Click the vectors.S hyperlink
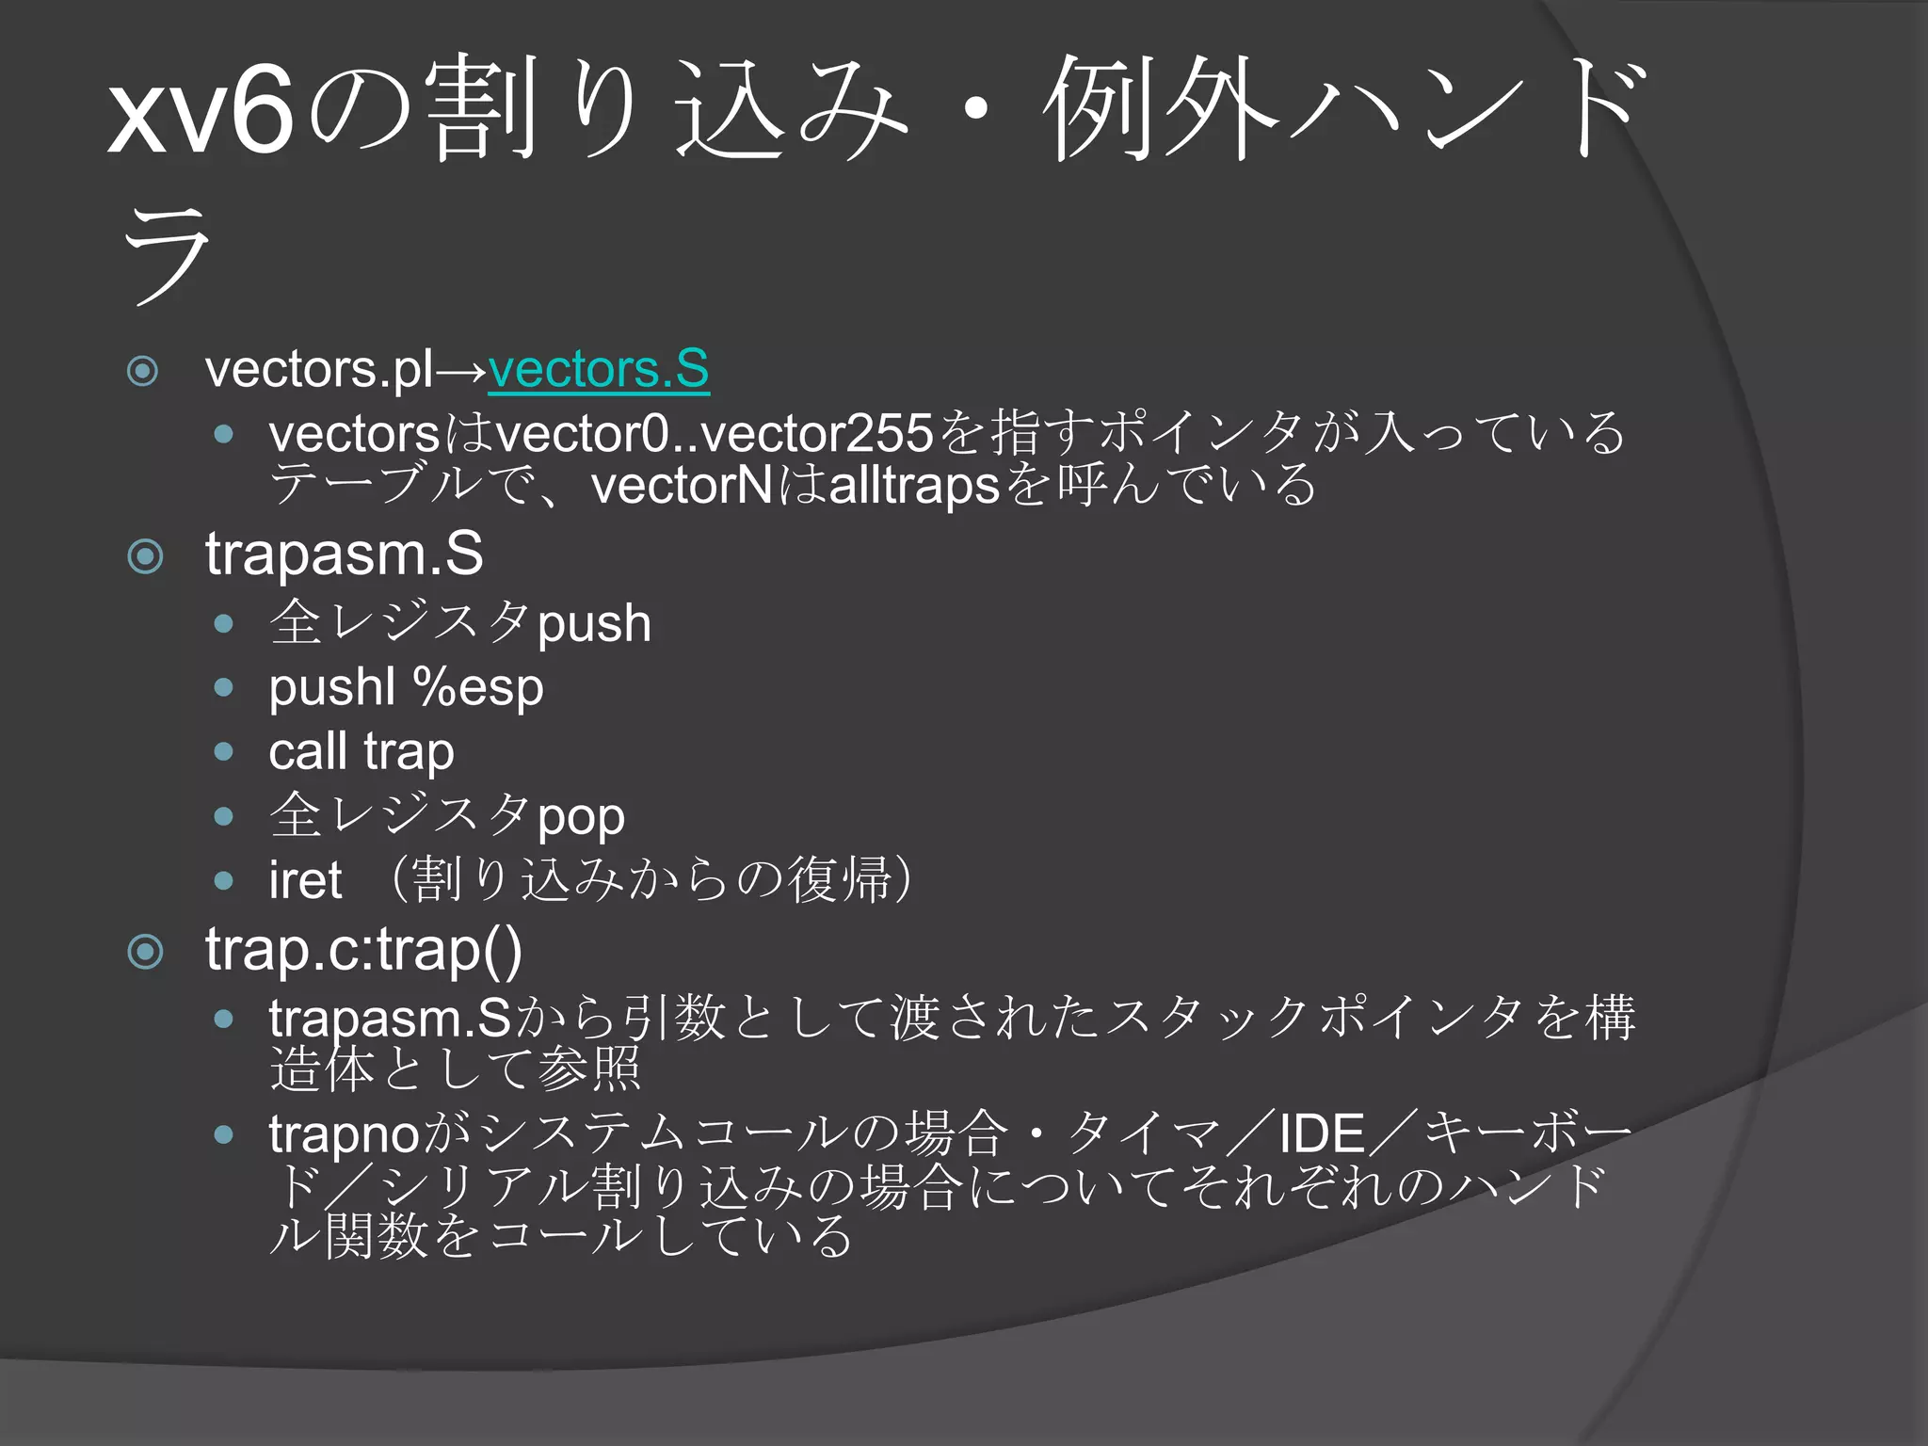coord(598,368)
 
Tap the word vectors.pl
coord(320,368)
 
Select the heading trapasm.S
coord(344,554)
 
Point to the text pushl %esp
coord(406,687)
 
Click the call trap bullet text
coord(361,751)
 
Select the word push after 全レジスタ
coord(594,624)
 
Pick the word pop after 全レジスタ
coord(581,817)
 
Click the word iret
coord(305,880)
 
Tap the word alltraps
coord(913,486)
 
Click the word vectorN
coord(682,486)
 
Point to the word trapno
coord(344,1133)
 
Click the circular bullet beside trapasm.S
coord(145,556)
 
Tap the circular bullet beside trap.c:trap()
coord(145,952)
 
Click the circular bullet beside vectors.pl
coord(142,371)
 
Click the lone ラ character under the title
coord(167,255)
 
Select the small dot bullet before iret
coord(223,881)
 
